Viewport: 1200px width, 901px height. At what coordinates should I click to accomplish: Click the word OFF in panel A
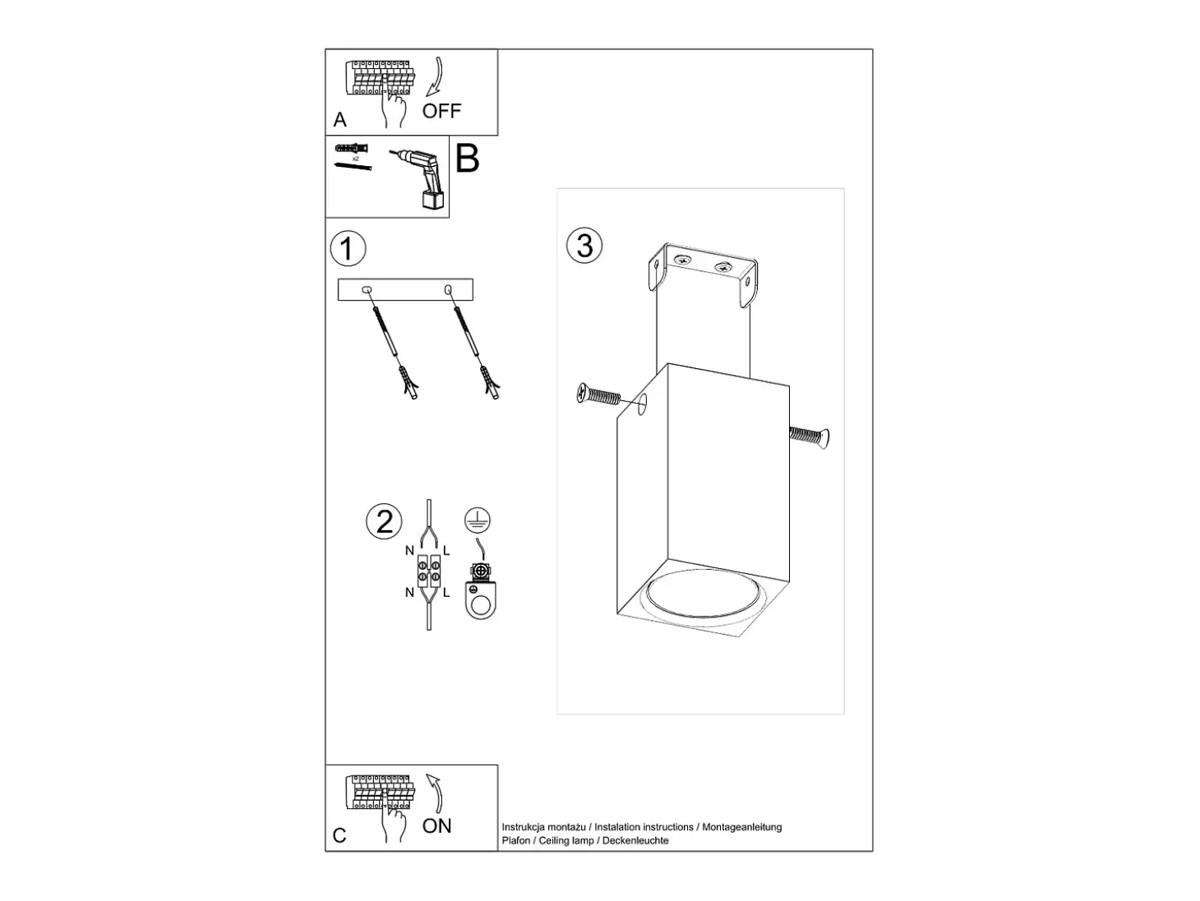[441, 111]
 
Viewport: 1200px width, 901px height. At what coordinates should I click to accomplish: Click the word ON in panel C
[436, 825]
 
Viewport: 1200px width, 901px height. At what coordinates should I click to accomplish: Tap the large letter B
[467, 159]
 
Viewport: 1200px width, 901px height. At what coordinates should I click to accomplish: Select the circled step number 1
[348, 249]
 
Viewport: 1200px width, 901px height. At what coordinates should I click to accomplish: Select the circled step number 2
[384, 521]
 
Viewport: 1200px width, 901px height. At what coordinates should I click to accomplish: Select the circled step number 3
[584, 246]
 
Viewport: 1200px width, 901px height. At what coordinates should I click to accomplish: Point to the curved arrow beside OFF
[435, 76]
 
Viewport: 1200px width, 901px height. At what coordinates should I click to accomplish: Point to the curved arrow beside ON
[436, 793]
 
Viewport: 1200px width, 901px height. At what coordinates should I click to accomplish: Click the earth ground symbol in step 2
[478, 520]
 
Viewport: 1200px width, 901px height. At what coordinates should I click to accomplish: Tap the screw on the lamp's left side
[598, 395]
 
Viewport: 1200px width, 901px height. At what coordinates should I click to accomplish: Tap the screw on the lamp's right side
[810, 437]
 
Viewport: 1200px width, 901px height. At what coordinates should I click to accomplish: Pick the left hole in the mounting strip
[367, 289]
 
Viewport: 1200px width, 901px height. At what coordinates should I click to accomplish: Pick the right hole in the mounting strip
[448, 289]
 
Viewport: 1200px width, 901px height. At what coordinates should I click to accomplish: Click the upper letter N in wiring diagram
[409, 551]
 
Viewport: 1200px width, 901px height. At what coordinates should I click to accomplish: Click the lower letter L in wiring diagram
[446, 593]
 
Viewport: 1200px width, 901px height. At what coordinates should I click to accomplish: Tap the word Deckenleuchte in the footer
[635, 840]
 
